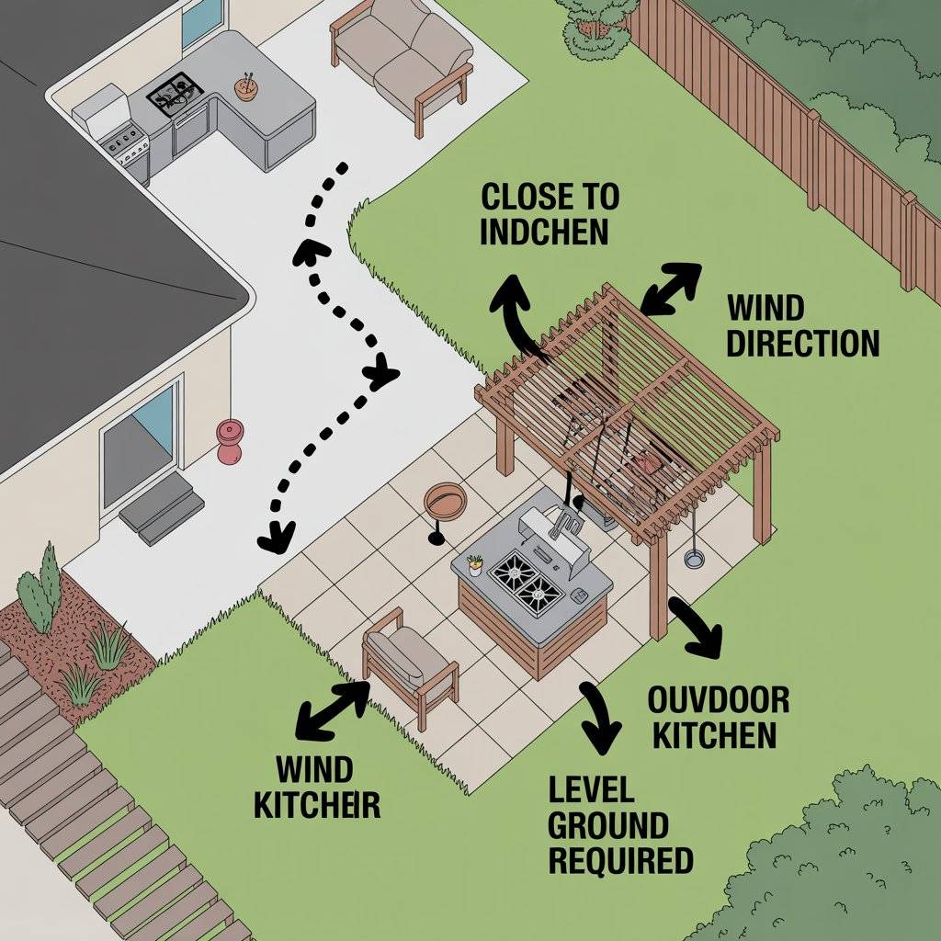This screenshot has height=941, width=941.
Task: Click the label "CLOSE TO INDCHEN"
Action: [x=549, y=213]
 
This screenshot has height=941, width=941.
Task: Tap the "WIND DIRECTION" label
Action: [x=801, y=325]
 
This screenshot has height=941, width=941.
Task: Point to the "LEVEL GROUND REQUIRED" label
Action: [x=619, y=824]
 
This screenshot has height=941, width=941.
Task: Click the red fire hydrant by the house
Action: [x=229, y=440]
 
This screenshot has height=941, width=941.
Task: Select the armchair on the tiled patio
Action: [x=409, y=662]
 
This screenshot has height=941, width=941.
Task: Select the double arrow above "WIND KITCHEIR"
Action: [x=333, y=710]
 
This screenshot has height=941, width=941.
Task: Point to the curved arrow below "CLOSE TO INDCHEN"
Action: [x=515, y=312]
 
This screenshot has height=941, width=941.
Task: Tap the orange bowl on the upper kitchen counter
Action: [x=246, y=88]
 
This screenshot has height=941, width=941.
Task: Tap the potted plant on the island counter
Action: [x=474, y=563]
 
